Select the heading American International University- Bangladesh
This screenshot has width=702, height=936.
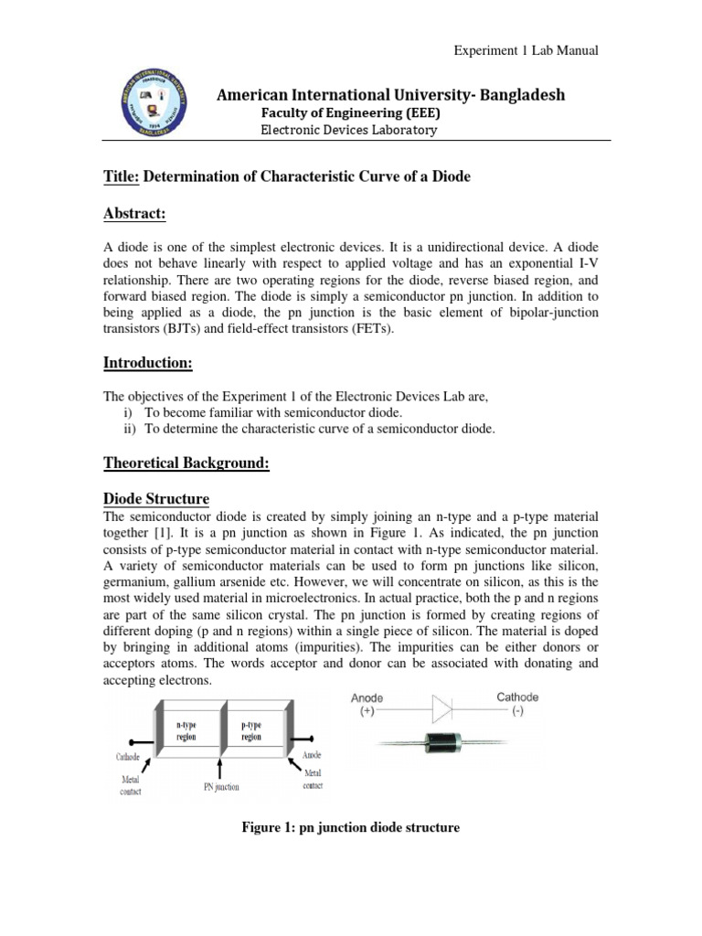coord(390,95)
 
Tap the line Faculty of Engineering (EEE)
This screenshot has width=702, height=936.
coord(351,112)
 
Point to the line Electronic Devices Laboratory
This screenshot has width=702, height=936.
coord(349,130)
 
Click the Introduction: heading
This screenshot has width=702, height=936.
coord(147,364)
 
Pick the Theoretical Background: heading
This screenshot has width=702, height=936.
coord(186,463)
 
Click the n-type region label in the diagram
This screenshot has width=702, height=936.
coord(186,729)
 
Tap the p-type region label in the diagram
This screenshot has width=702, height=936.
coord(251,729)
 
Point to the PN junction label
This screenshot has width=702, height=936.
coord(221,785)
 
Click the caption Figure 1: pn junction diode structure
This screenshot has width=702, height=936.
coord(350,827)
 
